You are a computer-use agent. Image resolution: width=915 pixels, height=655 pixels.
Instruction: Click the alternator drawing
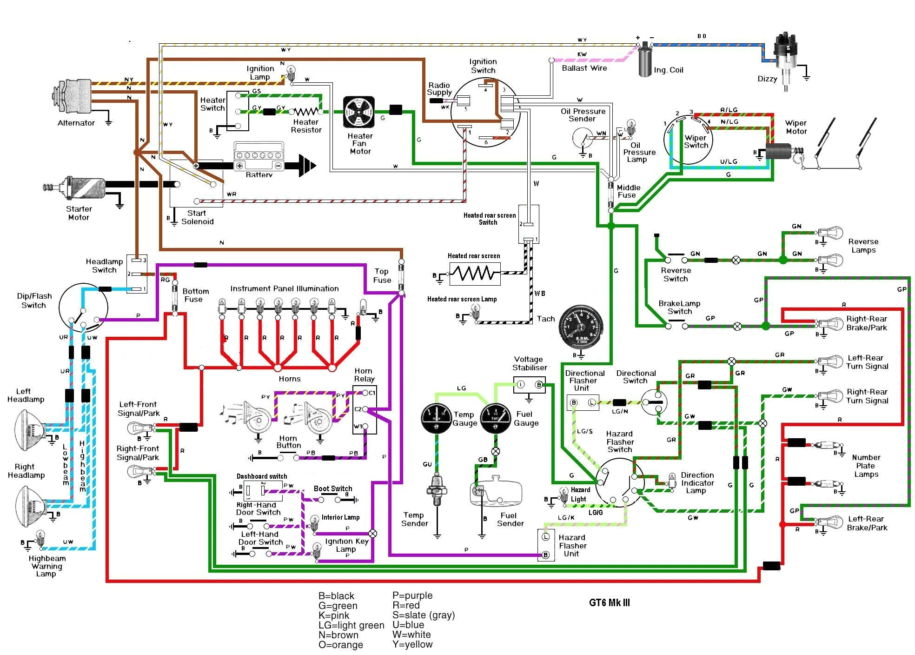(x=74, y=96)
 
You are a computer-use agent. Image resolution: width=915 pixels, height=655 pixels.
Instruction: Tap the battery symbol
(x=259, y=159)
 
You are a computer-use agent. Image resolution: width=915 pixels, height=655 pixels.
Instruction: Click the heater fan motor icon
(x=359, y=112)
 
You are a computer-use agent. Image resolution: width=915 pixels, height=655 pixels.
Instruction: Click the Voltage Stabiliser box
(x=529, y=385)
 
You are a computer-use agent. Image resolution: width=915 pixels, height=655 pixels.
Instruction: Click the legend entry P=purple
(x=412, y=596)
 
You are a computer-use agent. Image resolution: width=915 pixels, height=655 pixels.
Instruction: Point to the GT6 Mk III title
(x=609, y=603)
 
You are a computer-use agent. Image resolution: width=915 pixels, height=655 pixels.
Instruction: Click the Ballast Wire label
(x=584, y=68)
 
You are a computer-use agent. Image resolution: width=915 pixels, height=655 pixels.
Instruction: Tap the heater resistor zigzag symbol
(x=306, y=112)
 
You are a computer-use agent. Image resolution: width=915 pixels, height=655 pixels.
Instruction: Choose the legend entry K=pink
(x=334, y=615)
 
